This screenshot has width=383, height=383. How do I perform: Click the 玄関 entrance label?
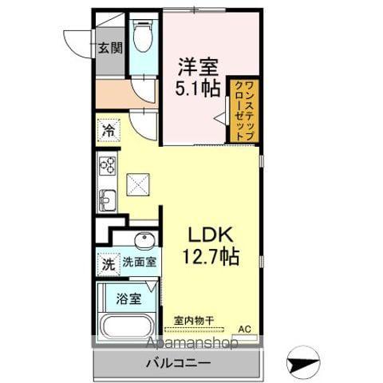point(109,47)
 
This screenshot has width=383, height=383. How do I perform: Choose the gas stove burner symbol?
point(108,167)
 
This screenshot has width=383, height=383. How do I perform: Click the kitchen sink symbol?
point(107,199)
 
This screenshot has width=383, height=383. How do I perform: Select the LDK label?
point(211,235)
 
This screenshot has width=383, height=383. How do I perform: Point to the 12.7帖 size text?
point(211,258)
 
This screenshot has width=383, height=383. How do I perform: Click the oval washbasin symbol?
point(144,240)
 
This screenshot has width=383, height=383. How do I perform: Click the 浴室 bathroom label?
point(130,299)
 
